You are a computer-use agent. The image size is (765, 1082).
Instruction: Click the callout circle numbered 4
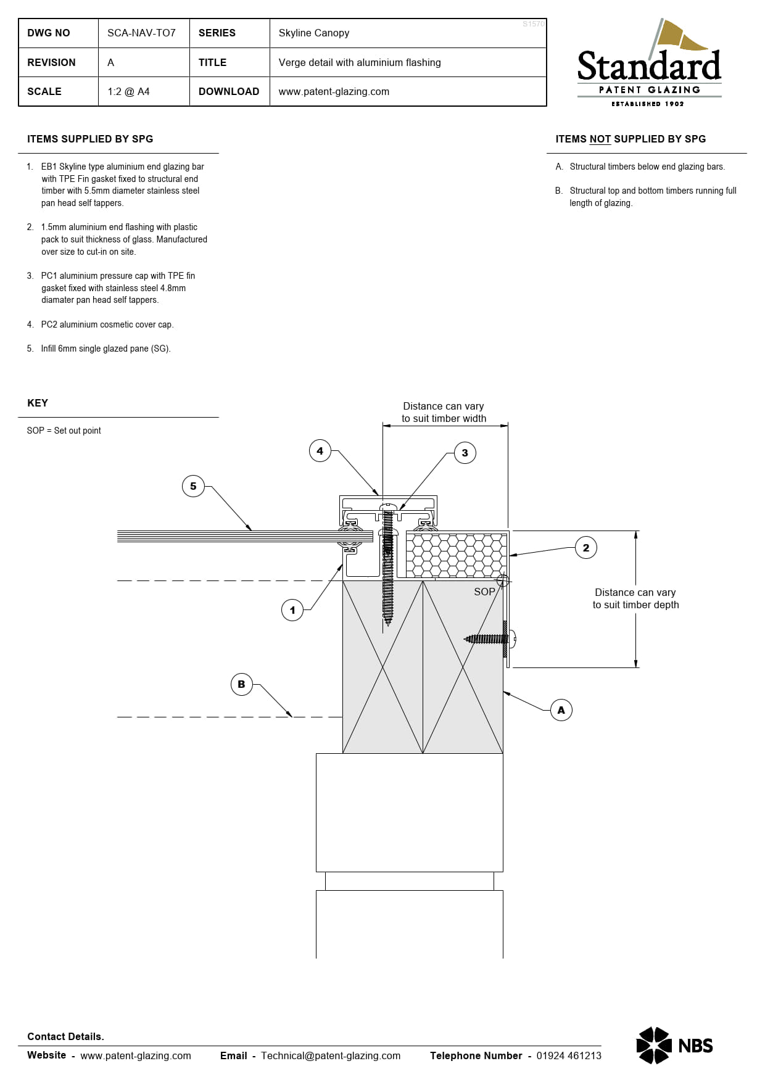point(320,451)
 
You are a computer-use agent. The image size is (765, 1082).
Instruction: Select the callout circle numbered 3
point(465,453)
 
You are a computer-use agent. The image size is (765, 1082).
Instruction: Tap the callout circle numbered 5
point(193,486)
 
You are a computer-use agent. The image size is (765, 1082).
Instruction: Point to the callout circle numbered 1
point(292,610)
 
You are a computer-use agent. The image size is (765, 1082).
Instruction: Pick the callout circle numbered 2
point(586,547)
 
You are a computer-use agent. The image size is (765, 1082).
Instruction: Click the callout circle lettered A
point(561,710)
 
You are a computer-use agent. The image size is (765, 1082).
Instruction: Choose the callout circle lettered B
point(241,684)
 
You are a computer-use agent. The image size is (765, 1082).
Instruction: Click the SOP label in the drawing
point(484,592)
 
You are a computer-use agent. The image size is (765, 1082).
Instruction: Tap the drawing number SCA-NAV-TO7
point(141,33)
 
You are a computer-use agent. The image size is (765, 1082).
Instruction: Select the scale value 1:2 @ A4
point(128,91)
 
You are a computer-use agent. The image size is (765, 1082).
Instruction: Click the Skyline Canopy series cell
point(314,33)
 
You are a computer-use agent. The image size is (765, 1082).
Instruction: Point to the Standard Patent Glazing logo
point(649,63)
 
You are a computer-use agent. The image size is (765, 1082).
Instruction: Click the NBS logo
point(674,1046)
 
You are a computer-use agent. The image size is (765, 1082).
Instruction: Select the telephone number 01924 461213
point(569,1055)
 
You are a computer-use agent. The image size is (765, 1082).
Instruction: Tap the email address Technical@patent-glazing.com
point(331,1055)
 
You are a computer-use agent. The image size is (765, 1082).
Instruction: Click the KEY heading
point(38,403)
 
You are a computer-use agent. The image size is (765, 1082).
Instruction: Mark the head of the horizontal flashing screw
point(513,638)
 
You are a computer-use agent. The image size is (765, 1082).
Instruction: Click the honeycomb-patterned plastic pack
point(456,555)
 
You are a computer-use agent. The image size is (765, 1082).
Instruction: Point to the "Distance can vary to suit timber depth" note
point(635,598)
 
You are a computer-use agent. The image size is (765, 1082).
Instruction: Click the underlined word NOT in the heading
point(600,139)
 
